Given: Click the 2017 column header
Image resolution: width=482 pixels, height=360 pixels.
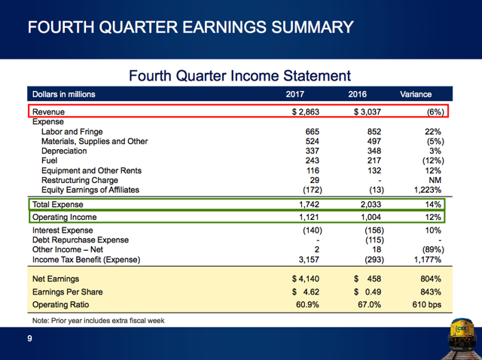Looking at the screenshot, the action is coord(294,94).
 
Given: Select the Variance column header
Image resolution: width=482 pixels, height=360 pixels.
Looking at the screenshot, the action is coord(416,94).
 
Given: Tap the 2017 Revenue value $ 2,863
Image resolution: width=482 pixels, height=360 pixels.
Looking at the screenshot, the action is coord(306,111).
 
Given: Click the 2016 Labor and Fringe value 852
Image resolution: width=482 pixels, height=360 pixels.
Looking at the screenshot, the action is coord(374,132).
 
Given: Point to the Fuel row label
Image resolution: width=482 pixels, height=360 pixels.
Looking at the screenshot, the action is coord(49,160).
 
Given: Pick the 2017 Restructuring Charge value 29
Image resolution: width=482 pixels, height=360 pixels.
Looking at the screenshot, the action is coord(315,180).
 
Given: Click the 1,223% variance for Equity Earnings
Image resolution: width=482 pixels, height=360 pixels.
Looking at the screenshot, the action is coord(428,190).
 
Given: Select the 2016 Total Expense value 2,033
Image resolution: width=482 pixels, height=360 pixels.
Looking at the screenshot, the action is coord(371,204).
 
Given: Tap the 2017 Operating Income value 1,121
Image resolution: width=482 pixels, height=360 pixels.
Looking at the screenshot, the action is coord(309,217).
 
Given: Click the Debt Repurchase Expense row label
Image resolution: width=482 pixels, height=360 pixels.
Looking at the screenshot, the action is coord(81,239).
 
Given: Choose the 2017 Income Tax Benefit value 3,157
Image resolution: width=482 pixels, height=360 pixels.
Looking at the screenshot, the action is coord(309,260).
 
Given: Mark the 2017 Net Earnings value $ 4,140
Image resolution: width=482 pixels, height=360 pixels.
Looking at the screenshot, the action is coord(306,279).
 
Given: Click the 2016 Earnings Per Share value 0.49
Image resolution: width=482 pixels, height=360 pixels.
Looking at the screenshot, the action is coord(374,291).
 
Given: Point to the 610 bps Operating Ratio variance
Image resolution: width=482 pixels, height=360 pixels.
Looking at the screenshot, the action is coord(427,305).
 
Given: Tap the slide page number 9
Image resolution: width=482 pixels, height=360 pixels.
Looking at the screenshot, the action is coord(29,338).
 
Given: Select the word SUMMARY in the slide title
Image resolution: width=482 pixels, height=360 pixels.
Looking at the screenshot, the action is coord(313,27).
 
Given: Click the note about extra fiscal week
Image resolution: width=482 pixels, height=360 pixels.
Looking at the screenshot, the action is coord(99,321).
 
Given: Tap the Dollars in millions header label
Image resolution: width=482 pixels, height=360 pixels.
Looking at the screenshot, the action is coord(63,94).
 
